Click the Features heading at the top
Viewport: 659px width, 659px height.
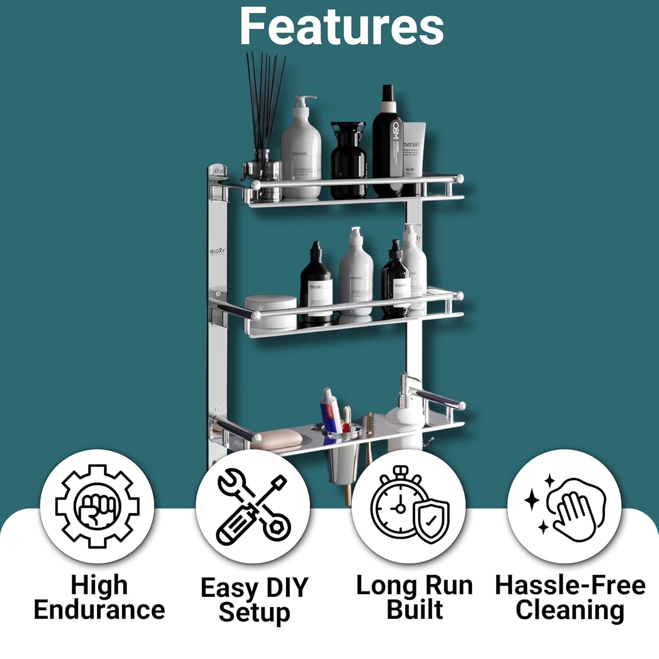point(341,26)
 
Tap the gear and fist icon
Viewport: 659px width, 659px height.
point(97,506)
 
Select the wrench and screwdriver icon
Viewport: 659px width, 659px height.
point(253,507)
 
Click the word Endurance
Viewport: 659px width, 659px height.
point(99,610)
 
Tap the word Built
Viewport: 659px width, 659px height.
point(415,610)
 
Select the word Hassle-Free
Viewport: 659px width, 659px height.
point(570,585)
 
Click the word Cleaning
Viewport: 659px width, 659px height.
point(570,610)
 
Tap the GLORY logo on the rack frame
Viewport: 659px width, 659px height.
point(217,251)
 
